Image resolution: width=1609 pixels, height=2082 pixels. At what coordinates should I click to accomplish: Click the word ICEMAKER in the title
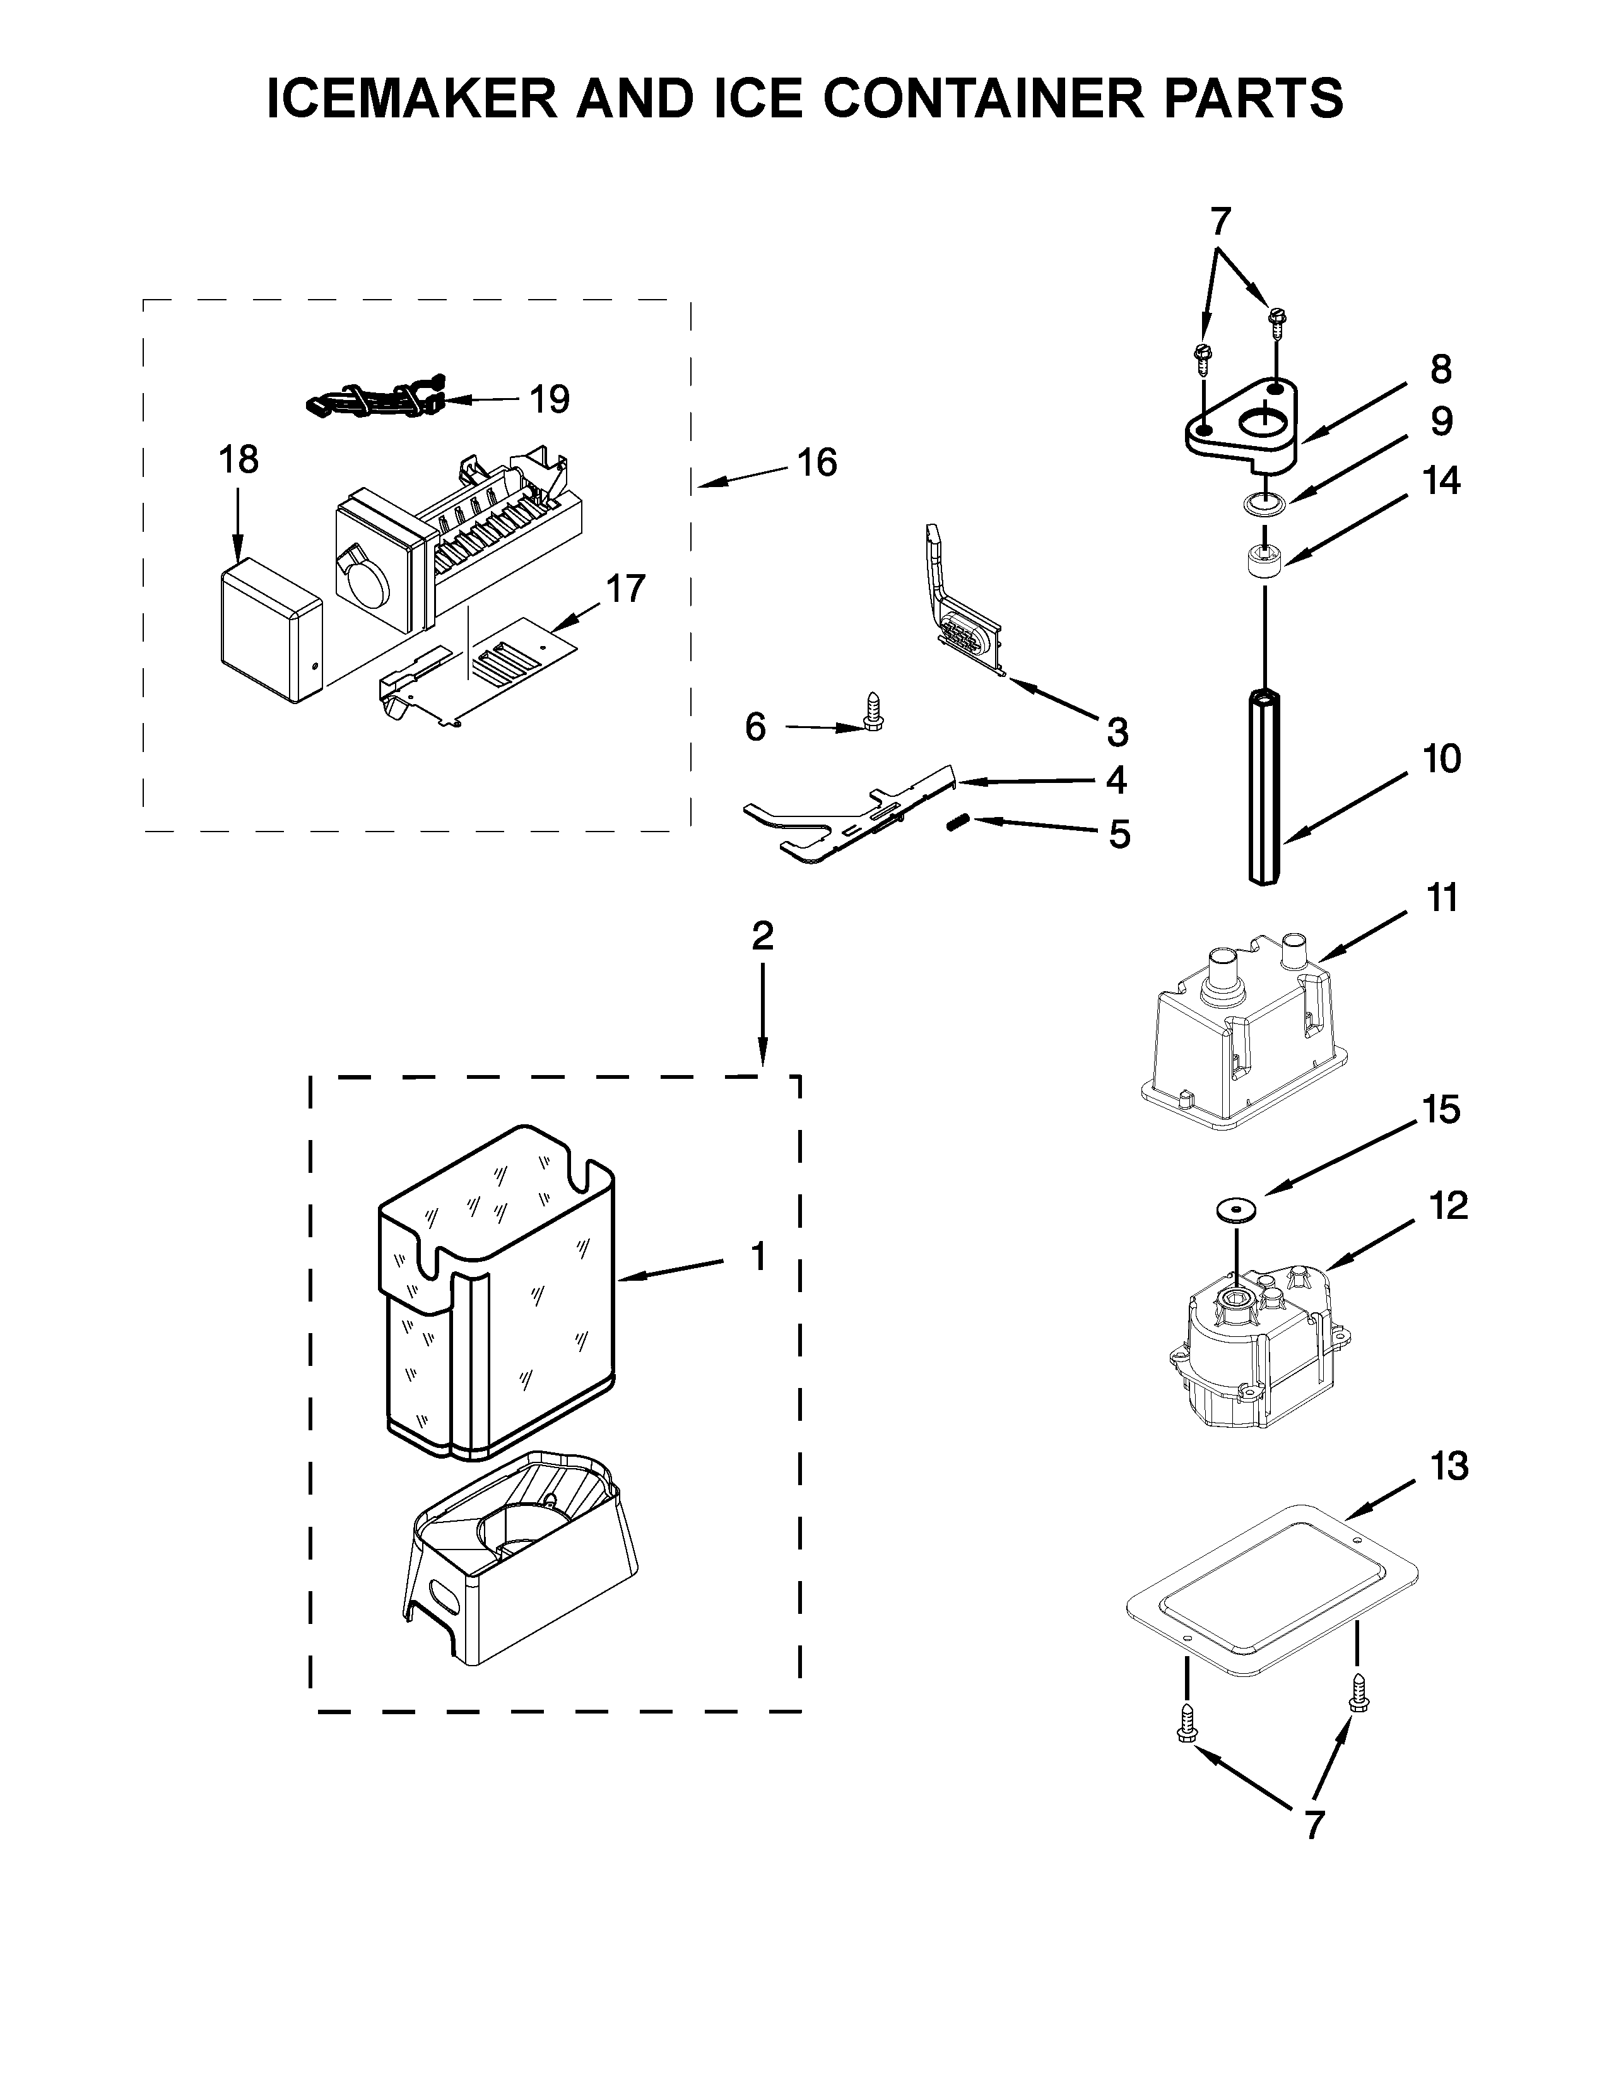coord(412,98)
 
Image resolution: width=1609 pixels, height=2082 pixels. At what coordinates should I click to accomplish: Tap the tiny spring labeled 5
coord(958,821)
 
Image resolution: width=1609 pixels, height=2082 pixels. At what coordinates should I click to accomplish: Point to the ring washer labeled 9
coord(1264,502)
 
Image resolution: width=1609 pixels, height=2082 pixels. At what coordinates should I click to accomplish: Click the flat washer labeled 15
coord(1235,1209)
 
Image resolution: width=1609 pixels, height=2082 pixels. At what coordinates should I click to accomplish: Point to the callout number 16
coord(817,462)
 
